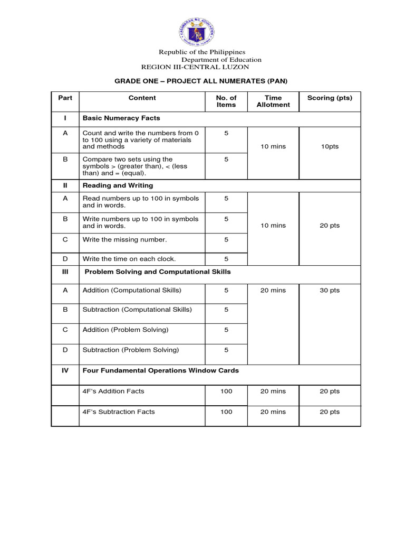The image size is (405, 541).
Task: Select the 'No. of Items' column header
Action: coord(226,101)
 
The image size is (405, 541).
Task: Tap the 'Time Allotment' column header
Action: coord(273,101)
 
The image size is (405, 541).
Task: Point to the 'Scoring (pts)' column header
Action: coord(330,98)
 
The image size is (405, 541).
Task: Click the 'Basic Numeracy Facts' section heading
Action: coord(121,118)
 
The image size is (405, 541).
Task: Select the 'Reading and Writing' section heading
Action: coord(118,185)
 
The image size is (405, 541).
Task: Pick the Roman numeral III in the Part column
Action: coord(65,272)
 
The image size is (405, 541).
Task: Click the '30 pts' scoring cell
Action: coord(330,290)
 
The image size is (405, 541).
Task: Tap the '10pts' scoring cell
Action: coord(330,146)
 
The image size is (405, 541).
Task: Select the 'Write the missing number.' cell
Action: coord(124,239)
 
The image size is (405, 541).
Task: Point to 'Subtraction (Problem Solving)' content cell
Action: coord(131,350)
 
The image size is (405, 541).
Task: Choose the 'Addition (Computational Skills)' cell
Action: coord(132,290)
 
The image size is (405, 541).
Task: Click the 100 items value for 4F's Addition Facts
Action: coord(226,391)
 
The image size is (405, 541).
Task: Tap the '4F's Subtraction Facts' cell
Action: coord(119,412)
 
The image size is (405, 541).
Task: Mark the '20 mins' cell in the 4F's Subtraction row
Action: coord(273,412)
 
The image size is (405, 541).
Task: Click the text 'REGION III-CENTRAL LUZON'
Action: coord(195,67)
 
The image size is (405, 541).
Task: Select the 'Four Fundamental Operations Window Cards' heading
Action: coord(161,370)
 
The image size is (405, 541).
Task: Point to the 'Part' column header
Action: coord(65,98)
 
